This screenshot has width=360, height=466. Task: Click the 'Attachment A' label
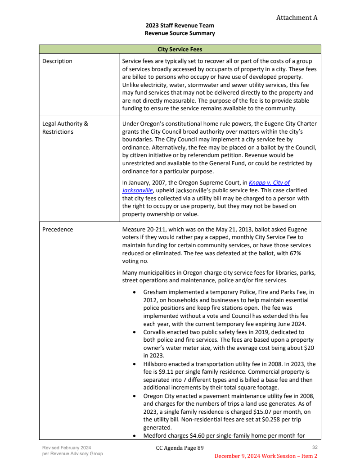pos(297,18)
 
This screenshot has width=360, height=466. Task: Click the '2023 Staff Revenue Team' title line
pos(180,26)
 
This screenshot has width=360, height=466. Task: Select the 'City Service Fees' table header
pos(180,49)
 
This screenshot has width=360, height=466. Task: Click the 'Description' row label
pos(57,61)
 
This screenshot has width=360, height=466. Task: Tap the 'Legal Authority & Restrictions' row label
pos(65,128)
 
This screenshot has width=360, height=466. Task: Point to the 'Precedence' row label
pos(58,229)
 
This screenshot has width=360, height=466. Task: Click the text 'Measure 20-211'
pos(143,229)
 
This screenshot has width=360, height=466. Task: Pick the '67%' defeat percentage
pos(295,253)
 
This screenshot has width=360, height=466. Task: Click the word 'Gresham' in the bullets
pos(155,292)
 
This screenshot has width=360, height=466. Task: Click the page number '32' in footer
pos(315,447)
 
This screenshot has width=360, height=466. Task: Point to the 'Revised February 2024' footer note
pos(67,448)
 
